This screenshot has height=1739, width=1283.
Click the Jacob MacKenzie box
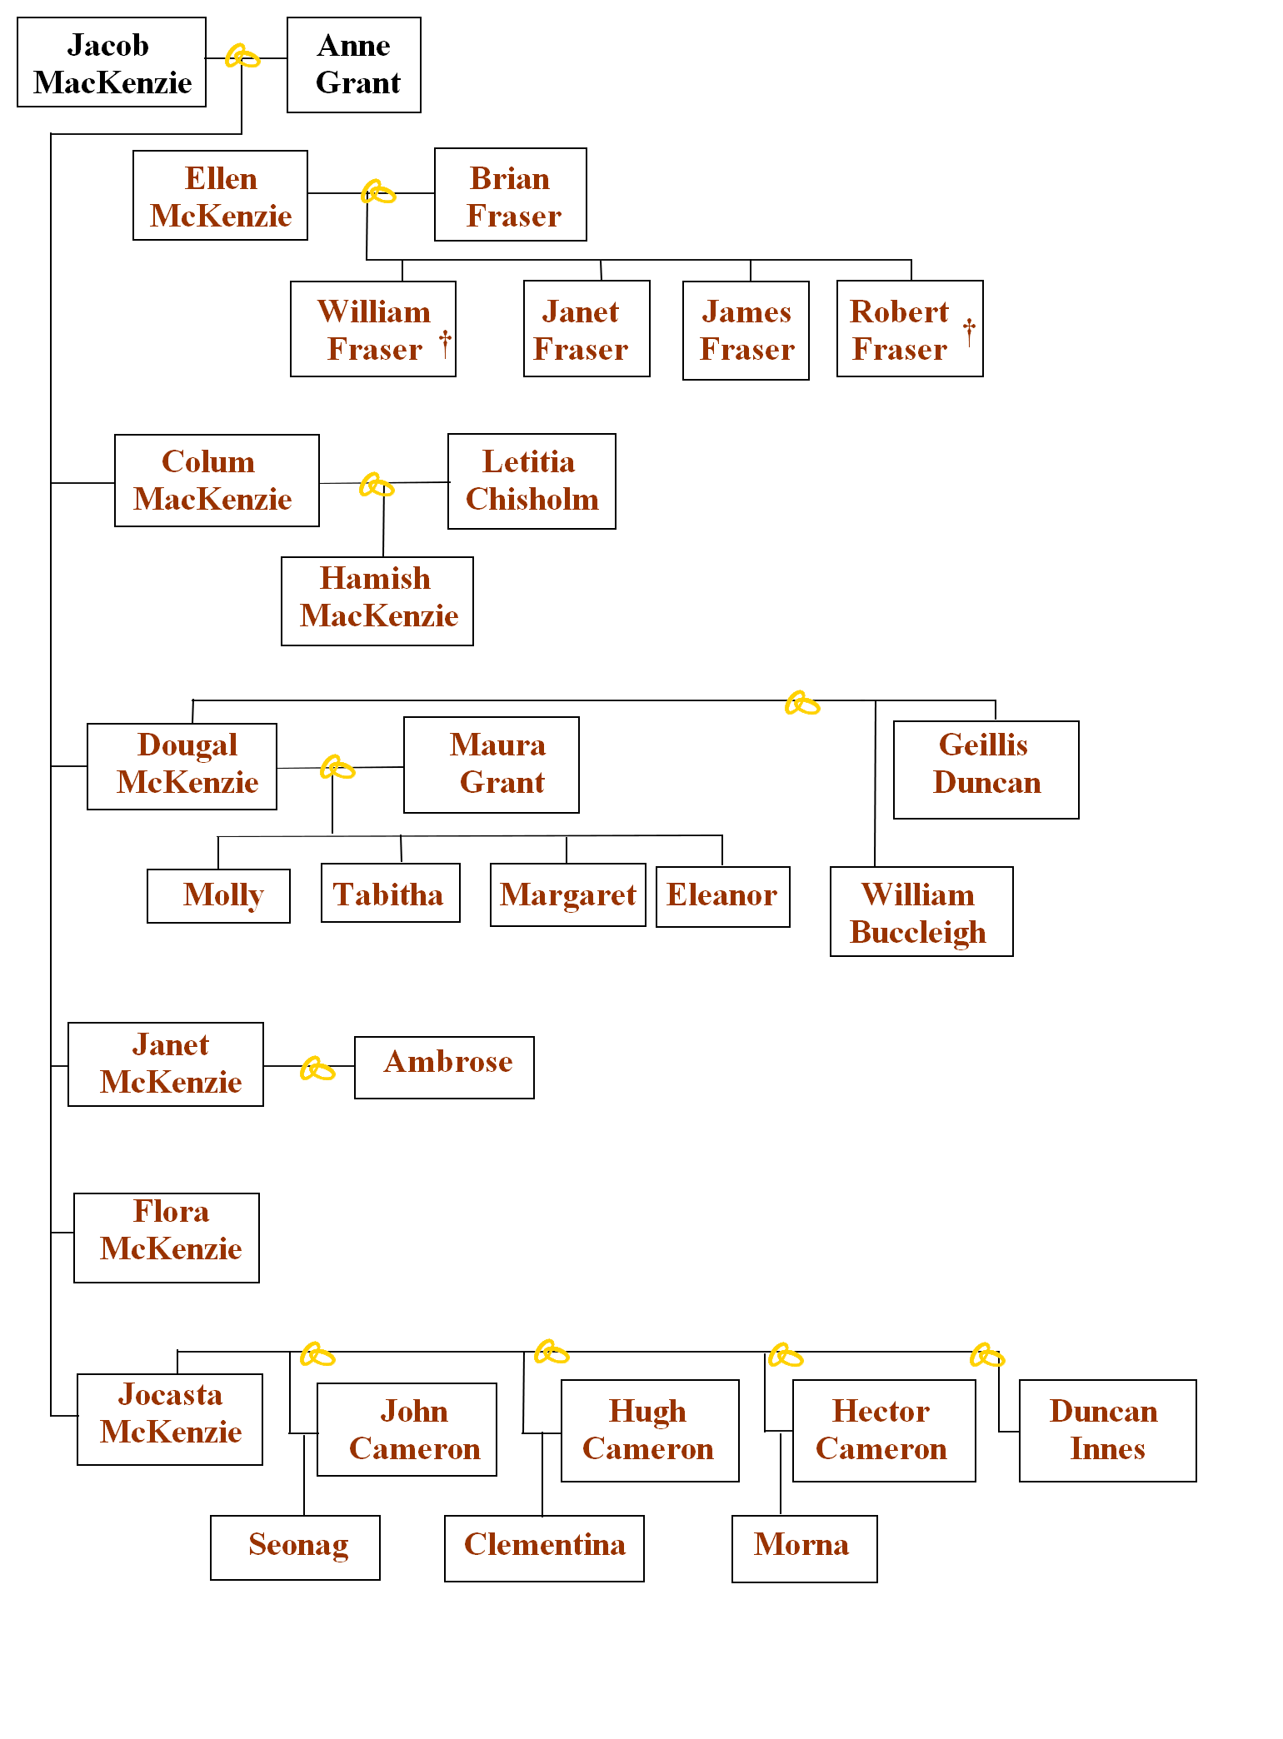coord(112,62)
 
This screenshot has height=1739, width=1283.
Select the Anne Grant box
coord(354,65)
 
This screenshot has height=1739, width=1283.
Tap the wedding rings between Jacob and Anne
coord(243,57)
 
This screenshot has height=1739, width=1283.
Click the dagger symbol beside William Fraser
coord(446,342)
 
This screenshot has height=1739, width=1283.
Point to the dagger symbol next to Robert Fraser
coord(969,331)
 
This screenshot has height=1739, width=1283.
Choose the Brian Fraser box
coord(511,195)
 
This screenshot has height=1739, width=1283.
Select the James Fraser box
coord(746,331)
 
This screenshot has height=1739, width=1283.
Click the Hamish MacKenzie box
coord(377,601)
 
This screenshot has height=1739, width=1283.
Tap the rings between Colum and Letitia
coord(377,485)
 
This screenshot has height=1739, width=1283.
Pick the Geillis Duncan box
coord(986,770)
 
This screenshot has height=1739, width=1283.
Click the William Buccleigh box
coord(921,912)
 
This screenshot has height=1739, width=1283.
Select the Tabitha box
coord(391,893)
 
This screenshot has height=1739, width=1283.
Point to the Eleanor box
coord(723,897)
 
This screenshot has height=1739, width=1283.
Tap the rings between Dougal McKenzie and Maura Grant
coord(337,767)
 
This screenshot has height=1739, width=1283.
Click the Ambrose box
coord(444,1068)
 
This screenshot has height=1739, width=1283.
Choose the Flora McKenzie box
coord(167,1238)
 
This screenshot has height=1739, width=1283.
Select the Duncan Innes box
coord(1108,1431)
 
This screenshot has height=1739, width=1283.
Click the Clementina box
coord(545,1548)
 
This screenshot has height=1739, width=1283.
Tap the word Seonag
coord(298,1546)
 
